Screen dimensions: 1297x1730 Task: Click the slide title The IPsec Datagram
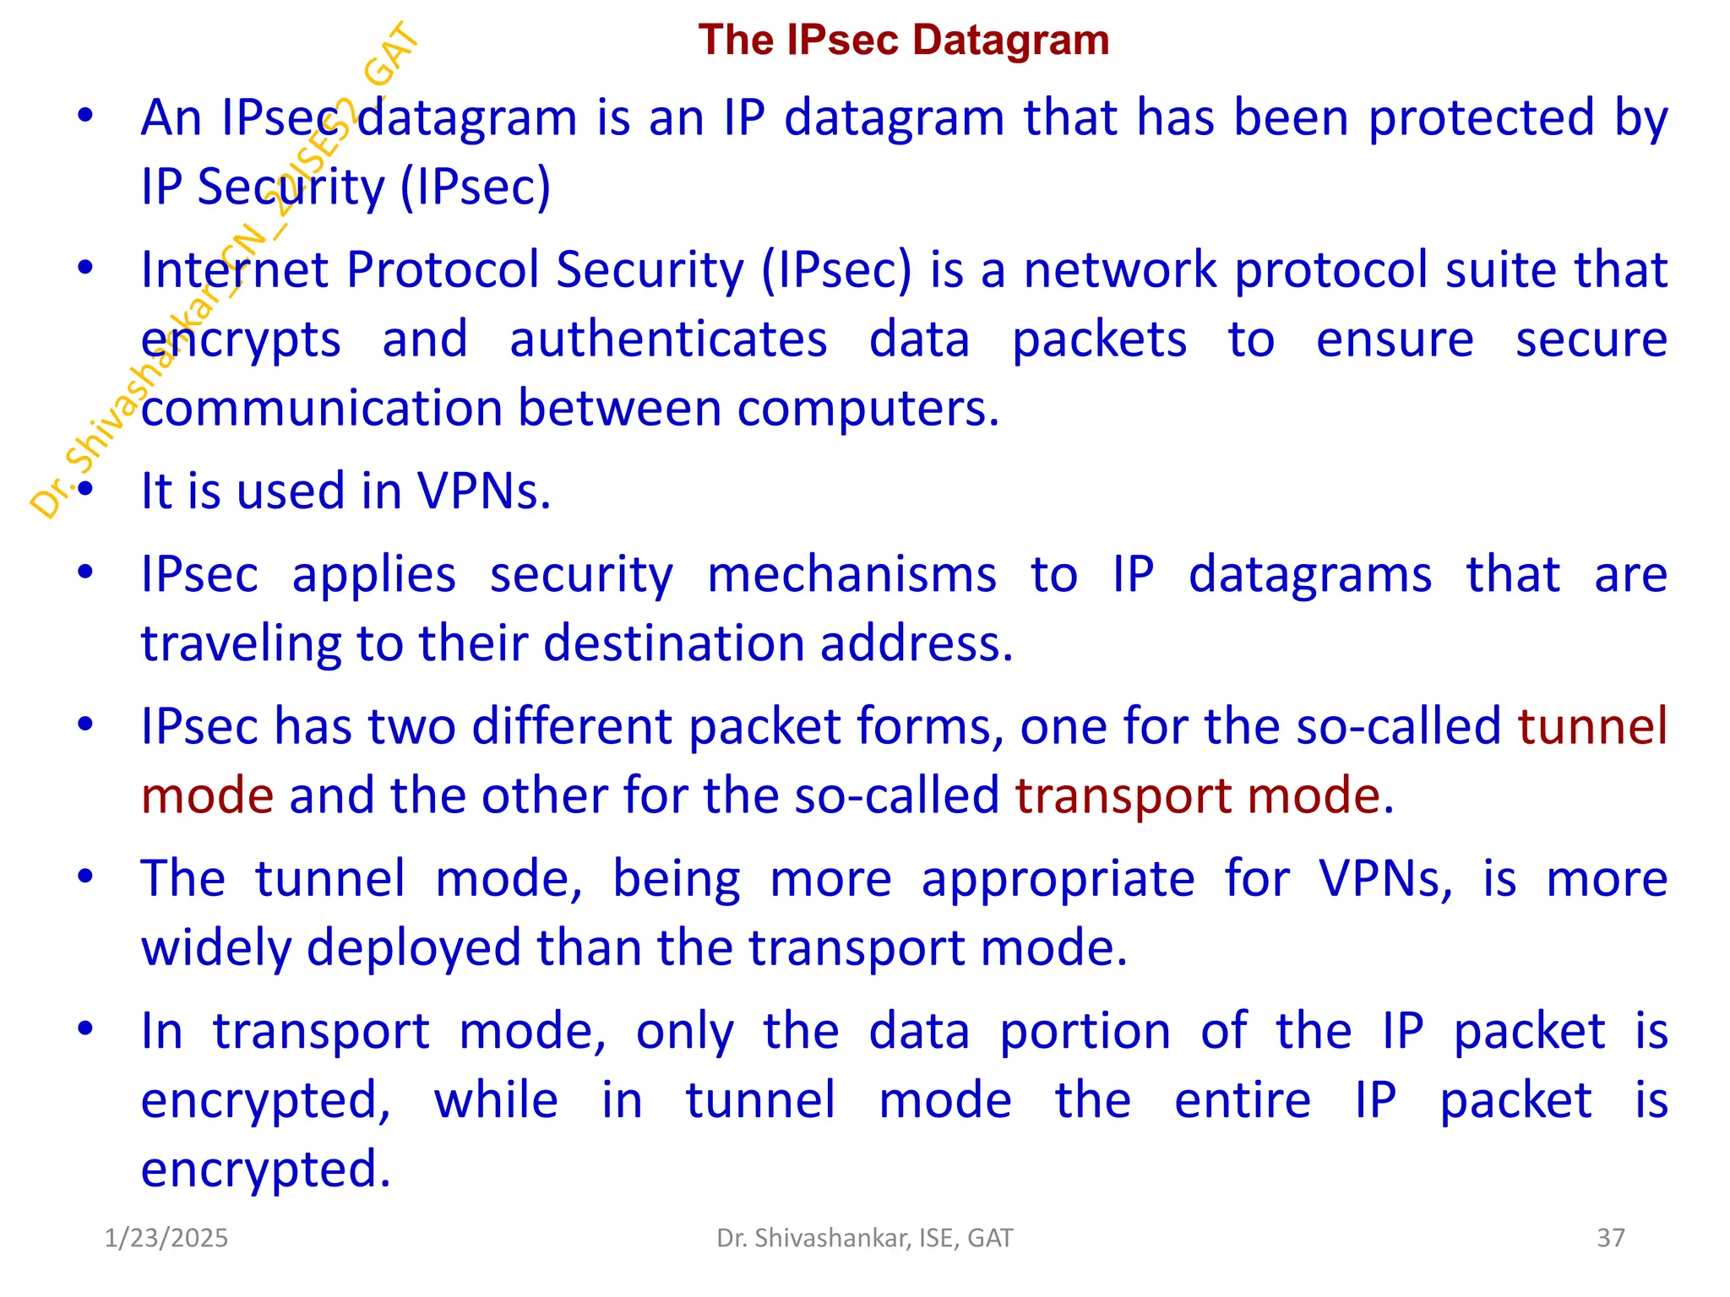[x=903, y=41]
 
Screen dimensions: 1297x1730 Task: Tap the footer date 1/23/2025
[x=166, y=1238]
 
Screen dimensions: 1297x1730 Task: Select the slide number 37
[x=1610, y=1238]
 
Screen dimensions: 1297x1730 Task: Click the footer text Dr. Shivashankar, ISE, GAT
[x=864, y=1238]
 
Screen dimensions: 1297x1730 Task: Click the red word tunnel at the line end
[x=1591, y=726]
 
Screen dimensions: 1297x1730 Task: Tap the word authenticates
[x=668, y=339]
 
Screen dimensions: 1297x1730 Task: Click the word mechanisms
[x=851, y=575]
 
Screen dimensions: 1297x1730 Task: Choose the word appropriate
[x=1058, y=879]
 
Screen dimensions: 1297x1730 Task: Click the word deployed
[x=414, y=948]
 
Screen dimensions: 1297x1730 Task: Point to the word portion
[x=1085, y=1031]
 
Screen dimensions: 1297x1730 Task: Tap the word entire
[x=1243, y=1100]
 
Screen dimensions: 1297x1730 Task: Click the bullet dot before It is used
[x=84, y=489]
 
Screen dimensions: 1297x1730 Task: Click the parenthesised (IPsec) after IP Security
[x=475, y=187]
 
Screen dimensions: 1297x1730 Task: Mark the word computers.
[x=868, y=409]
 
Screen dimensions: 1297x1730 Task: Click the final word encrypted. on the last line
[x=265, y=1169]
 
